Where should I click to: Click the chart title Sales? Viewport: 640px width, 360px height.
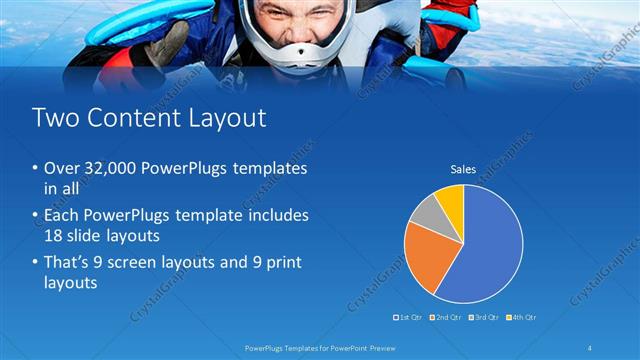(x=463, y=170)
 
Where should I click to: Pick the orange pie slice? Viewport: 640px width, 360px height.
(x=428, y=255)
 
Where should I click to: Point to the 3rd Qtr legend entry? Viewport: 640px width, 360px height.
(x=484, y=317)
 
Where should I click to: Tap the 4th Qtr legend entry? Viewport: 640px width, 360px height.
(x=522, y=317)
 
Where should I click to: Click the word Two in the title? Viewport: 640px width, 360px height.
(x=53, y=118)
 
